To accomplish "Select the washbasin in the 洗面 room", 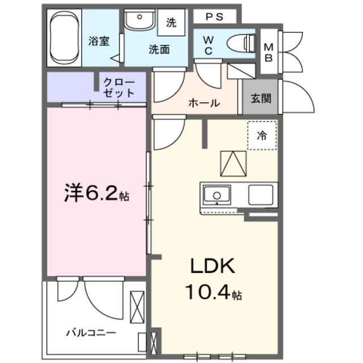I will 139,21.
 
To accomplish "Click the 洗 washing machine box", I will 171,23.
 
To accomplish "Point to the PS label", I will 213,16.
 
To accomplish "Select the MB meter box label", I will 268,52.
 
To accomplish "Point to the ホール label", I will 204,103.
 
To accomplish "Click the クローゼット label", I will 119,87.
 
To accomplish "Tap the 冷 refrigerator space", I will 261,136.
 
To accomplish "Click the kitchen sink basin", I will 217,196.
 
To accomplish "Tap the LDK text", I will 212,267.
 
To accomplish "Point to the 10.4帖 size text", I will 213,293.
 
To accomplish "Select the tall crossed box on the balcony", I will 137,307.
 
